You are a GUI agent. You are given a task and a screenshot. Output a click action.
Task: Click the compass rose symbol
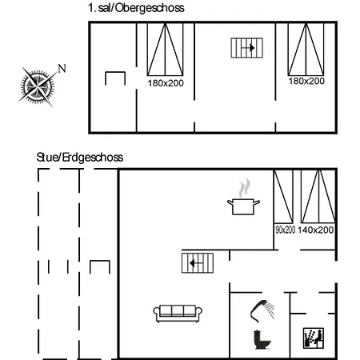point(38,86)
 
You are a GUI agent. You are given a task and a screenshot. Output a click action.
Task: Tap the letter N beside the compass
point(62,69)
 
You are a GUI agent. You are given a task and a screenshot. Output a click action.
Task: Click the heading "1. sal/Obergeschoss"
point(136,8)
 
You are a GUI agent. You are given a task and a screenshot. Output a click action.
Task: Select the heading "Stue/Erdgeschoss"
point(80,158)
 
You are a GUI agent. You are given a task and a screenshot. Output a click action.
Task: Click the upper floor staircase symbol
point(247,48)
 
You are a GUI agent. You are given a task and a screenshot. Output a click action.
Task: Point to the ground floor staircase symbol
point(198,263)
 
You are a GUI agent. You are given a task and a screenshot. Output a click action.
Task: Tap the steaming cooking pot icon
point(243,198)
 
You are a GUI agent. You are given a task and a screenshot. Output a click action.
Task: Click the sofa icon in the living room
point(178,314)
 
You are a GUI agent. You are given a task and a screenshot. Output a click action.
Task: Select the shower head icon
point(262,310)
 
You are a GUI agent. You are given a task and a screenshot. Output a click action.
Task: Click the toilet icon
point(262,339)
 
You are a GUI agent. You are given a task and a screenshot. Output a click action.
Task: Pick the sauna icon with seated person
point(314,338)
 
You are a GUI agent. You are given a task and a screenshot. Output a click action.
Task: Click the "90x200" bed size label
point(285,230)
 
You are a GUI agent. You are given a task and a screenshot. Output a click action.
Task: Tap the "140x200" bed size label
point(315,230)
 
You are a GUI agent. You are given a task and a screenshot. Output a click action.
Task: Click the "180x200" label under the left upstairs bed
point(166,83)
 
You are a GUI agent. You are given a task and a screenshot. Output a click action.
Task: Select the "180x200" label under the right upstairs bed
point(306,81)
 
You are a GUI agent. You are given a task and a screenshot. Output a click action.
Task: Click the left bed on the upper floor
point(166,50)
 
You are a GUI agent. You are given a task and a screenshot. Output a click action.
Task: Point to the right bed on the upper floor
point(306,50)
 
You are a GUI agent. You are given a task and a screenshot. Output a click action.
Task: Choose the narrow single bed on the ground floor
point(283,197)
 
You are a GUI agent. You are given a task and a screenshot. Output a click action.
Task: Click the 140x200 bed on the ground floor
point(318,197)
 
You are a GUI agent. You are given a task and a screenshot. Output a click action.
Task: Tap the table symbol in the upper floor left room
point(115,73)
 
